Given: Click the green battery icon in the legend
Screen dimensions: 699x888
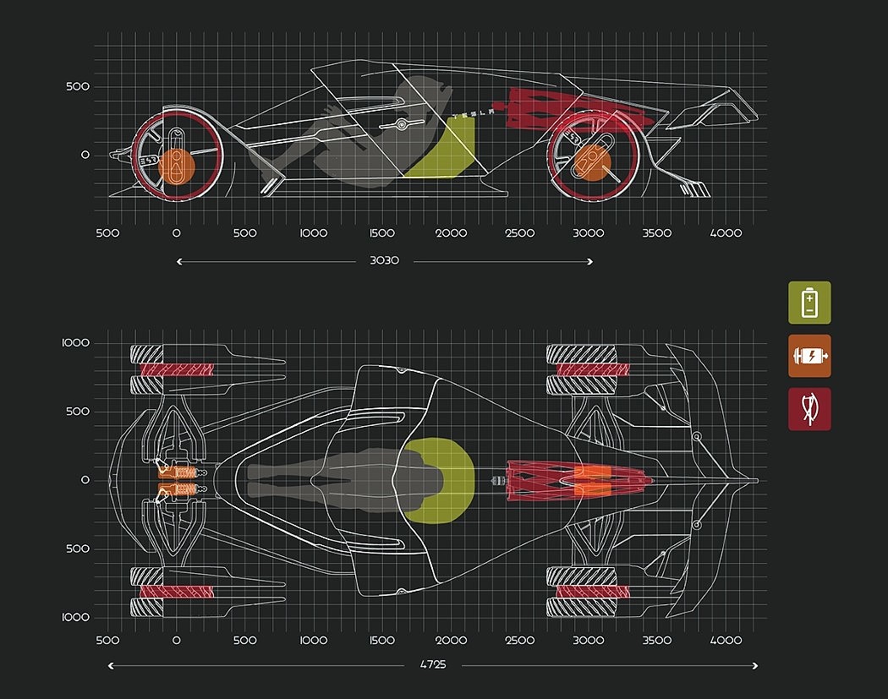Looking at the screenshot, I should tap(809, 302).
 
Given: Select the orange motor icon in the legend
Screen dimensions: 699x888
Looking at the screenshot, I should tap(809, 356).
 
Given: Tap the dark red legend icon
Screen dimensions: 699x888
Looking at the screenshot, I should tap(809, 409).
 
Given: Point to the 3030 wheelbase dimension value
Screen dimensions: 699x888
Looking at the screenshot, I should tap(385, 260).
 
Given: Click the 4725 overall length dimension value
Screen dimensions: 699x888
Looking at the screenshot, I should tap(433, 665).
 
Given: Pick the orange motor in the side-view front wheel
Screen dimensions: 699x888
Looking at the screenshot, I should tap(177, 166).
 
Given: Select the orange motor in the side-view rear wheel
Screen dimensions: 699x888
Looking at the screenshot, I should tap(592, 161).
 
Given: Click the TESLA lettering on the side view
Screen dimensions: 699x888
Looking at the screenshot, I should tap(474, 112).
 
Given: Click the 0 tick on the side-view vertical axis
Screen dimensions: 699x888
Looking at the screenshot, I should tap(85, 155).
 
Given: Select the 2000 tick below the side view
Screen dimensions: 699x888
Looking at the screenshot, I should tap(451, 233).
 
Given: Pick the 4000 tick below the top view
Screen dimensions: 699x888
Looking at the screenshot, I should tap(726, 641).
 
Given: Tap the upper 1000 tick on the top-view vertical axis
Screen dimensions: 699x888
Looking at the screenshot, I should tap(76, 342).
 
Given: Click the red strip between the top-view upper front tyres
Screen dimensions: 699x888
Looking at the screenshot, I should tap(177, 369).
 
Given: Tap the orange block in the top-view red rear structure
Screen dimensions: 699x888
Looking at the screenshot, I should tap(591, 480).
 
